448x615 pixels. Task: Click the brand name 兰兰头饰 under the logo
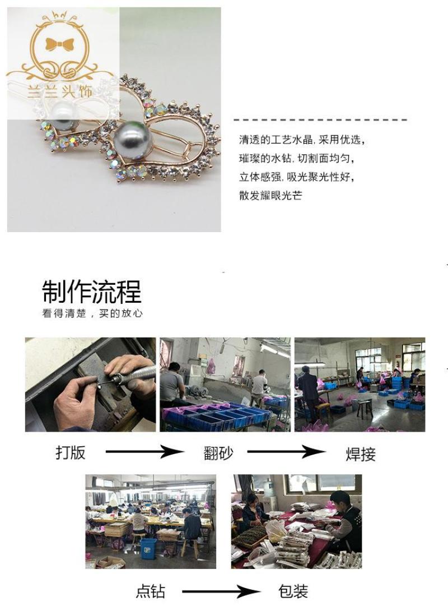(x=60, y=91)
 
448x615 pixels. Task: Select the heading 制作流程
(x=92, y=292)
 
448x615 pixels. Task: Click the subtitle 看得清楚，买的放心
(x=92, y=313)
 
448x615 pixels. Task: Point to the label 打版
(x=71, y=452)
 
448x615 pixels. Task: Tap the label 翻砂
(x=218, y=452)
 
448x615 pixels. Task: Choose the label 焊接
(x=361, y=454)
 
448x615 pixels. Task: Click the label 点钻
(x=150, y=591)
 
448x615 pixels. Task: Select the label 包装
(x=293, y=591)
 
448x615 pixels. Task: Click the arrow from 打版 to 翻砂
(x=144, y=451)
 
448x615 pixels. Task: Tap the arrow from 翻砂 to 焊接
(x=286, y=452)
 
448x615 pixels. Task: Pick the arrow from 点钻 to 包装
(x=221, y=591)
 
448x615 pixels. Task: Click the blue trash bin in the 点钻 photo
(x=148, y=548)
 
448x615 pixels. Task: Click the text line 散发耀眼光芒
(x=270, y=195)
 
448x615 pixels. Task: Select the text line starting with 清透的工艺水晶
(x=302, y=140)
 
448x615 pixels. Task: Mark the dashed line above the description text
(x=320, y=119)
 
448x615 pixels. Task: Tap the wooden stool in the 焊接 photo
(x=364, y=408)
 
